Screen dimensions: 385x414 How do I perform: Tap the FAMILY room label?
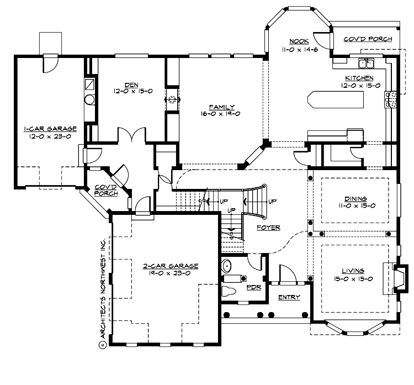222,107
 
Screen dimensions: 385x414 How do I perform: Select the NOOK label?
299,41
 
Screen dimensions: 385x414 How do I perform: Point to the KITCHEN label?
359,78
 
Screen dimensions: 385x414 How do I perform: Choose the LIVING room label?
353,271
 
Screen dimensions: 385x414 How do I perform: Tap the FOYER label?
269,227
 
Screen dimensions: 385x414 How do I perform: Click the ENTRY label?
289,298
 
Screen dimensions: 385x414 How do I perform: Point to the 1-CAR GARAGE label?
50,129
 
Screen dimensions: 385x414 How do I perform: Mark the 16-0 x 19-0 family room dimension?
222,114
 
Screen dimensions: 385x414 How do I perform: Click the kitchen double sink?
367,62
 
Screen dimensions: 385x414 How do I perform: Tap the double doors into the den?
130,135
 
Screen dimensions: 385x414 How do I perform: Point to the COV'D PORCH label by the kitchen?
368,39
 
